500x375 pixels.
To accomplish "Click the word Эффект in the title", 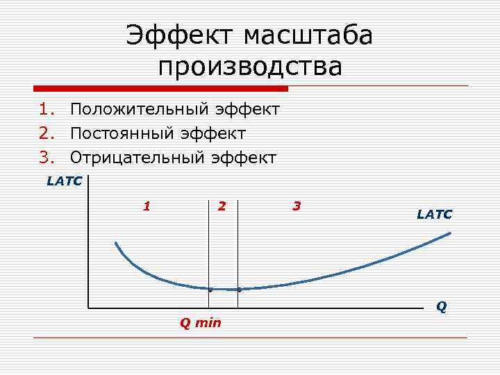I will pyautogui.click(x=179, y=35).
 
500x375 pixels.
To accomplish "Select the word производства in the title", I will pyautogui.click(x=250, y=67).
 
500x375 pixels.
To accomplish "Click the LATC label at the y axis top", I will pyautogui.click(x=65, y=182).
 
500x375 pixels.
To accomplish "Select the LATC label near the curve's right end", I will pyautogui.click(x=434, y=215).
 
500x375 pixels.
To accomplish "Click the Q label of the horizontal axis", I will pyautogui.click(x=441, y=306).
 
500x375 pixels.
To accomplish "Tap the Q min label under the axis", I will pyautogui.click(x=200, y=323).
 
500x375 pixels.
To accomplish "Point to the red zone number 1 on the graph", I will pyautogui.click(x=146, y=206).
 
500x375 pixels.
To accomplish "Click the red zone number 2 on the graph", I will pyautogui.click(x=222, y=206).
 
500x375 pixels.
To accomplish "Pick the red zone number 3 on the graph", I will pyautogui.click(x=297, y=206).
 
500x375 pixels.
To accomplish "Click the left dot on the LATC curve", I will pyautogui.click(x=210, y=289).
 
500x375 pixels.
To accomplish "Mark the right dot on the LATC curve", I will pyautogui.click(x=238, y=289).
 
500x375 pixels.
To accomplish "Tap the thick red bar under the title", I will pyautogui.click(x=160, y=88).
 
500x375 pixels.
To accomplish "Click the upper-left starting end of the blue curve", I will pyautogui.click(x=117, y=243).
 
